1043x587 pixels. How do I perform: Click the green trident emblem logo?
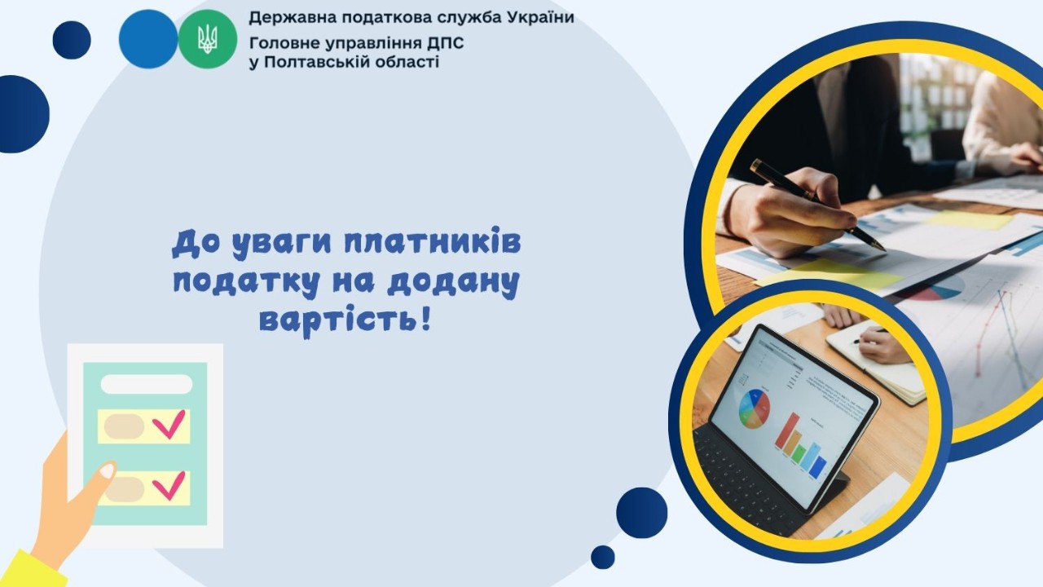208,39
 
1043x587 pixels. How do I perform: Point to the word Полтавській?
323,62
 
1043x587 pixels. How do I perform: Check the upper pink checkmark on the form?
169,424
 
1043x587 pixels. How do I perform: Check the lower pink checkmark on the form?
169,485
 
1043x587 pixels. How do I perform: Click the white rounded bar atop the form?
146,384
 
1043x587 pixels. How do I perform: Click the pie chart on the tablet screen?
754,408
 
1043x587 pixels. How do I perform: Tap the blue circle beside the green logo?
147,39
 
